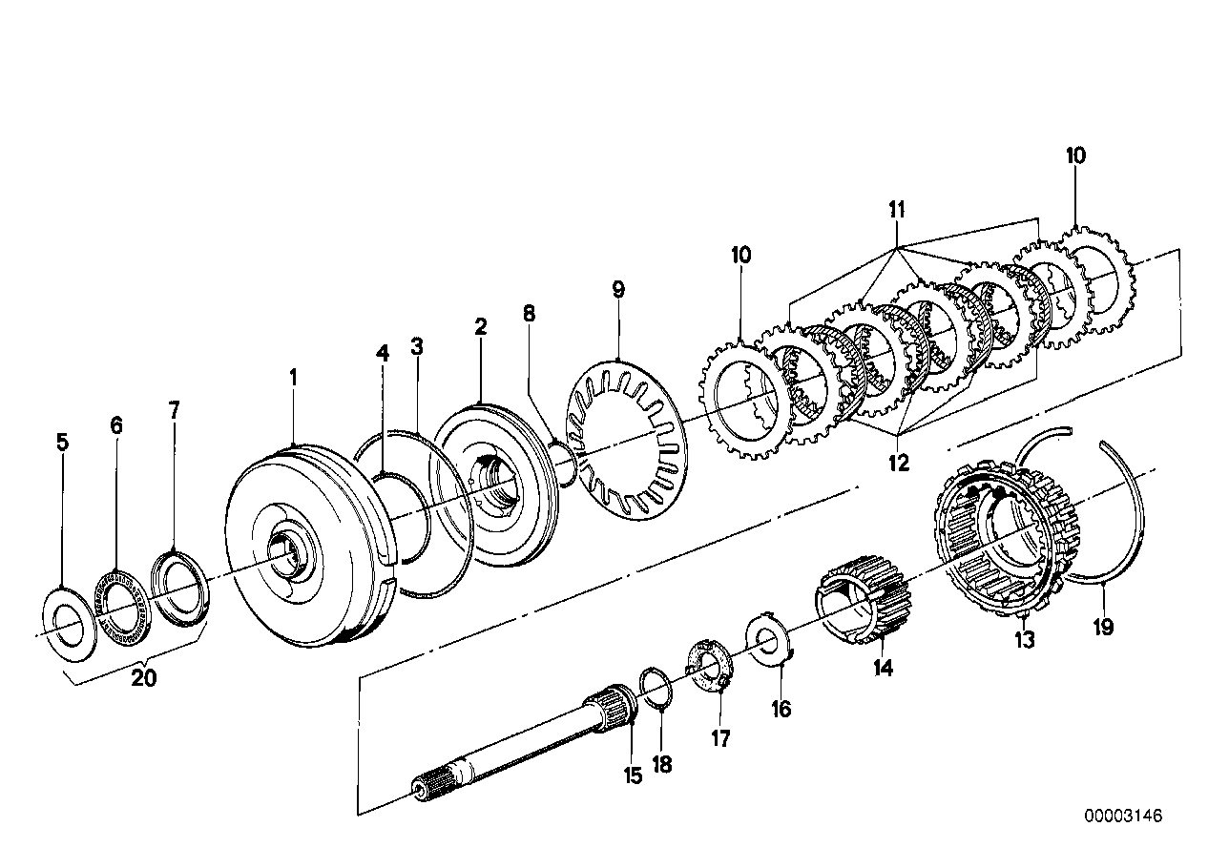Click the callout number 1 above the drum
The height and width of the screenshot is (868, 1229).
[294, 378]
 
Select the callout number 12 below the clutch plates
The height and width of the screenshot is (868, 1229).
[898, 464]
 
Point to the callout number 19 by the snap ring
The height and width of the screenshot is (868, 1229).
[1104, 628]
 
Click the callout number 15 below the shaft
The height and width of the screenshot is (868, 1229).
[634, 776]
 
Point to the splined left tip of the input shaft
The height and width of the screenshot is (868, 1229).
[427, 786]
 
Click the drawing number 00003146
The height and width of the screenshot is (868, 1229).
[1122, 816]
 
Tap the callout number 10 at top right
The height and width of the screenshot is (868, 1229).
[1075, 155]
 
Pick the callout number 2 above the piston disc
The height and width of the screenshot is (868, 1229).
[481, 327]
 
